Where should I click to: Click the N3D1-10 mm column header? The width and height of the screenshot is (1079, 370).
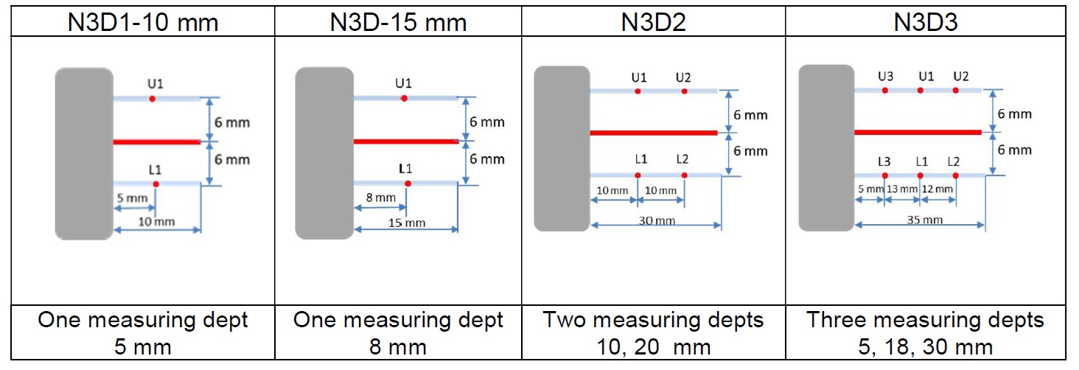coord(143,22)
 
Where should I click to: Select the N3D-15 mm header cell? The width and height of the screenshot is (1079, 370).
coord(399,22)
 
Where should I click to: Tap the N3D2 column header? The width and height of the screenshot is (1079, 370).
coord(653,22)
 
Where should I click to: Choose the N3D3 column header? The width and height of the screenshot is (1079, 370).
coord(926,22)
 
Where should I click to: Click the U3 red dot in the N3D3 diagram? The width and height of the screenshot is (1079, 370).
coord(885,90)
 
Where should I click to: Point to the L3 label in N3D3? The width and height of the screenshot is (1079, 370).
coord(884,162)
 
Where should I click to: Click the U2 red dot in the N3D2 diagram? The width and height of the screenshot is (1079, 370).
coord(685,91)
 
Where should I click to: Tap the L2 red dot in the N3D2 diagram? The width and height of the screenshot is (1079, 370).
coord(685,175)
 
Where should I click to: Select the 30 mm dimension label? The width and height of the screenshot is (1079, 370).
coord(657,220)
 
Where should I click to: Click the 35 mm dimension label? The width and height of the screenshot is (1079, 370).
coord(925,220)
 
